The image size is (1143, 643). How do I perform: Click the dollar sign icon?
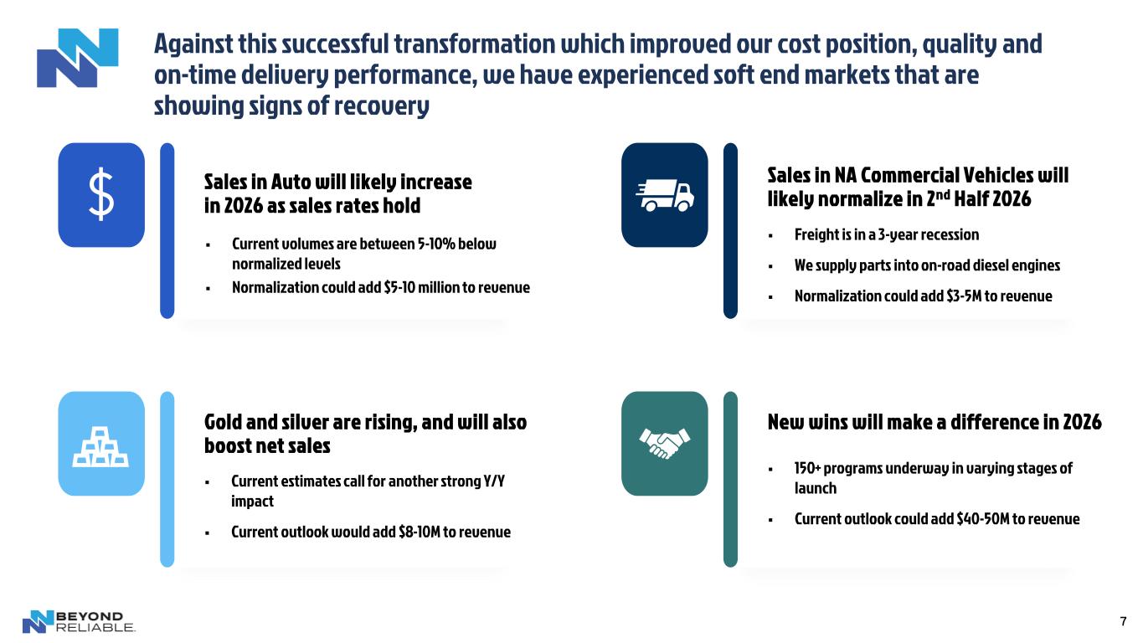coord(101,194)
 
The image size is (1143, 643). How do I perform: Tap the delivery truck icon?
coord(664,195)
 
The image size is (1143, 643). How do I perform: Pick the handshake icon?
coord(664,443)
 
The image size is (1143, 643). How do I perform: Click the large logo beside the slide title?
coord(78,58)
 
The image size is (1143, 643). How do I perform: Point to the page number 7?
coord(1123,621)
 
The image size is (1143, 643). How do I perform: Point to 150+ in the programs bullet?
coord(806,468)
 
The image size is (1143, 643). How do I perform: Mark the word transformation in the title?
coord(475,44)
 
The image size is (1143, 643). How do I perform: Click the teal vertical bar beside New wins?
coord(730,479)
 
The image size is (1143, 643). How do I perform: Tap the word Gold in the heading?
coord(223,423)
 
